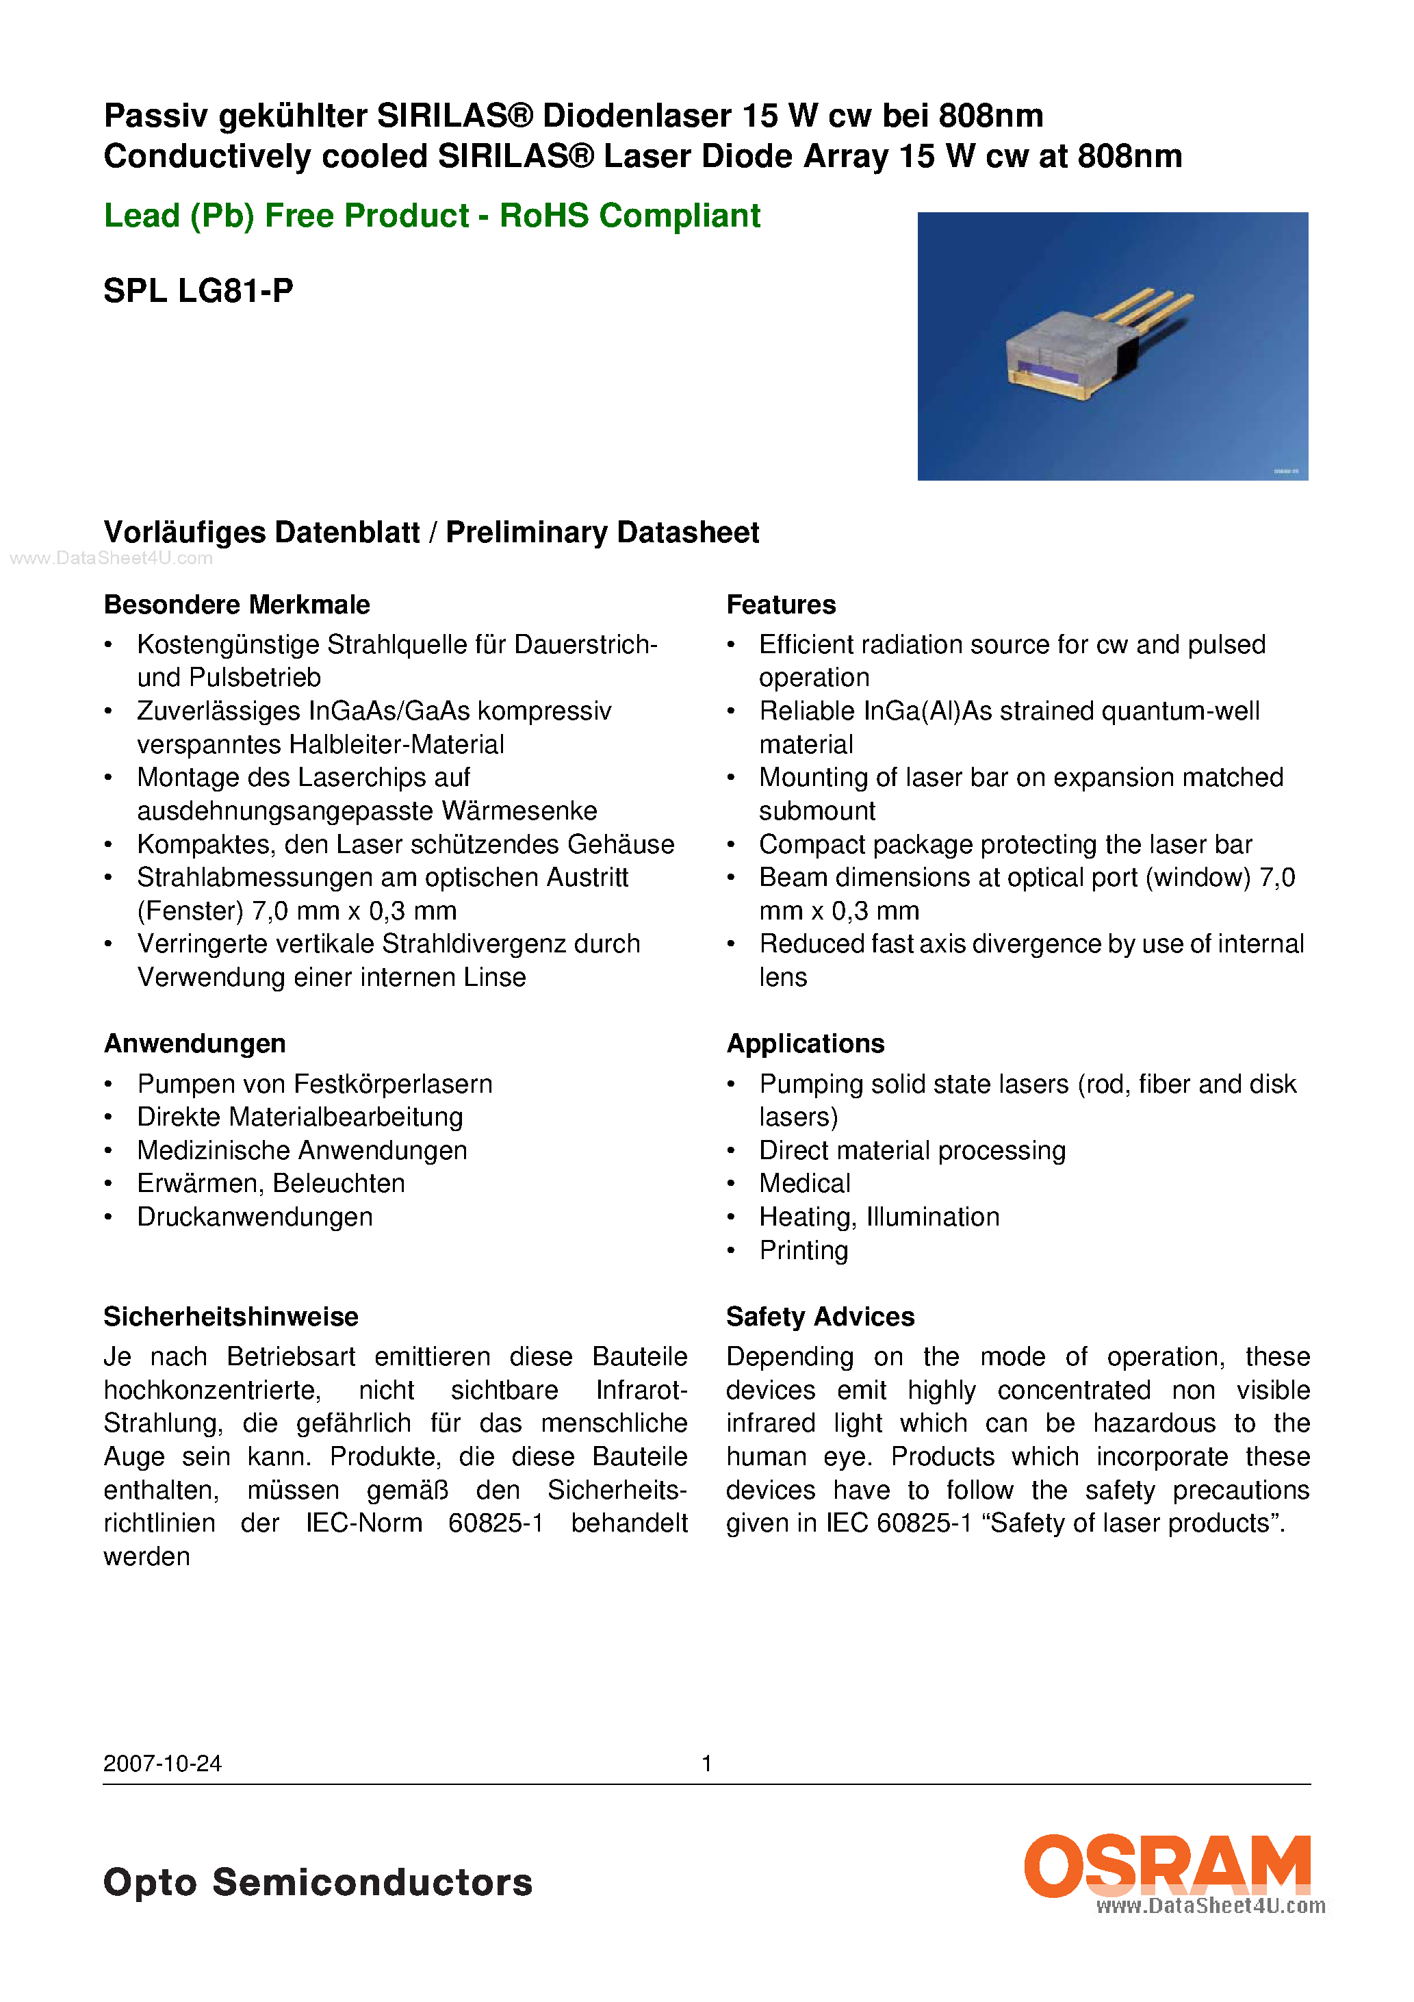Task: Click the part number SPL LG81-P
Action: tap(198, 290)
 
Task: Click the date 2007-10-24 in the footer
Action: tap(162, 1763)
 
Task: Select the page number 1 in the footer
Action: tap(707, 1763)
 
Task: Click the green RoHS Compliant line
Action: tap(431, 216)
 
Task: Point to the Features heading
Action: tap(780, 605)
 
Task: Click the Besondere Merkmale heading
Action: tap(236, 605)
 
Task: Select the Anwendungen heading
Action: tap(194, 1043)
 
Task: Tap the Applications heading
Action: tap(805, 1043)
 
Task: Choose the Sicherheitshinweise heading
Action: tap(231, 1316)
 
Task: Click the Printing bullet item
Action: tap(803, 1250)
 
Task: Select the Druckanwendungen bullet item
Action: tap(255, 1217)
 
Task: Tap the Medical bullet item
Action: tap(804, 1183)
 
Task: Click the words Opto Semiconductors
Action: tap(318, 1881)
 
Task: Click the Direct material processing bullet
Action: tap(912, 1150)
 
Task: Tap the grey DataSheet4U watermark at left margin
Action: tap(111, 558)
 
